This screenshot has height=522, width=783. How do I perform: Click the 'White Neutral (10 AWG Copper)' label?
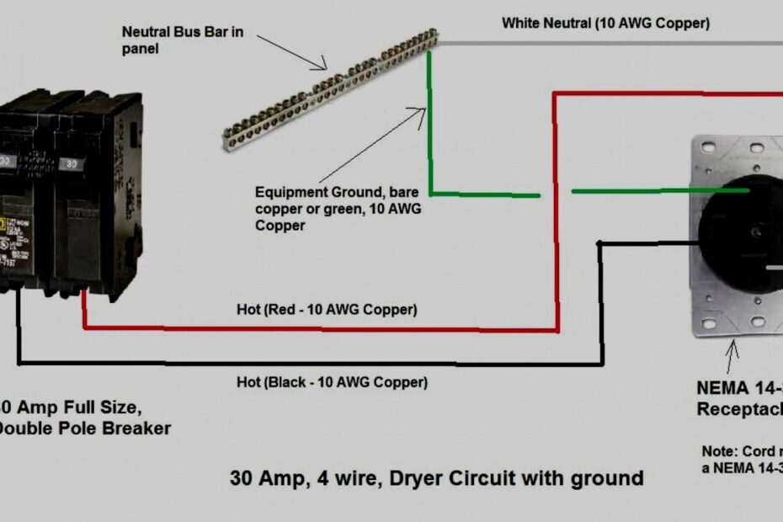pos(605,23)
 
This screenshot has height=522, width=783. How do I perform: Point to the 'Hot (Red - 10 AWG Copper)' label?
pos(327,310)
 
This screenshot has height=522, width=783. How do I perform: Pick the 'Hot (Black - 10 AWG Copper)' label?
pos(332,382)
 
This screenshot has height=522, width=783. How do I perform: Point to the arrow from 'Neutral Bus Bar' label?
pos(295,53)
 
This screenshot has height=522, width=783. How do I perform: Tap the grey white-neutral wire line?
pos(606,43)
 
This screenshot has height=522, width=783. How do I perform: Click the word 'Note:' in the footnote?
pos(720,450)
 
